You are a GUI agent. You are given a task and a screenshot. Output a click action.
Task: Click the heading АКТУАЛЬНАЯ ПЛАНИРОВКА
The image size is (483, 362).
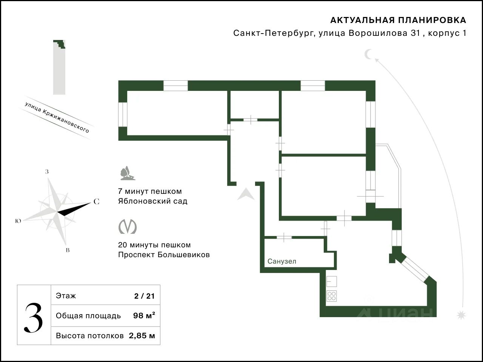click(x=398, y=20)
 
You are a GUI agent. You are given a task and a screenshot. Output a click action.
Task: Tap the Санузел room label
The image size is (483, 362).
click(x=282, y=261)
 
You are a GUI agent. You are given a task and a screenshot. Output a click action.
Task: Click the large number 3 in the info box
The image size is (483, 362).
click(x=34, y=318)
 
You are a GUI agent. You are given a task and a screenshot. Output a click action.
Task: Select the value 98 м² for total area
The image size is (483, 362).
click(x=144, y=316)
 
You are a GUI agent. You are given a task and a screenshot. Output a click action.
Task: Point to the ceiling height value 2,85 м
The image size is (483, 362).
click(x=142, y=336)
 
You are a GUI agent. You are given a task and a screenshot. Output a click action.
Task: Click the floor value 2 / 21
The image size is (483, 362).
click(x=145, y=296)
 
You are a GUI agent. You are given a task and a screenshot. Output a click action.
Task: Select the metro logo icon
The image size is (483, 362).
click(x=128, y=227)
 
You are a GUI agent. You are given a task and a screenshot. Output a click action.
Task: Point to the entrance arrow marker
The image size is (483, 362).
click(x=246, y=194)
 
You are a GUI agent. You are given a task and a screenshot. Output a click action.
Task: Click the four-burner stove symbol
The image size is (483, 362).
click(x=332, y=296)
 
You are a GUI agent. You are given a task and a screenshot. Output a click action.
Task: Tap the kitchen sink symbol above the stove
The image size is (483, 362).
click(x=332, y=281)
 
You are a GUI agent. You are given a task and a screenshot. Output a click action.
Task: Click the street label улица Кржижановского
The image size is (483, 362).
click(x=57, y=117)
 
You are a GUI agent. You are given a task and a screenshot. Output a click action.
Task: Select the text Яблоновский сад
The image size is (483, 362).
click(x=152, y=201)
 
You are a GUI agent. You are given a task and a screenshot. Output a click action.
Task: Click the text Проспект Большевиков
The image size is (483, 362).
click(x=164, y=255)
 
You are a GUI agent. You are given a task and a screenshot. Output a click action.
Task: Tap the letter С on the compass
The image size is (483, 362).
click(x=96, y=202)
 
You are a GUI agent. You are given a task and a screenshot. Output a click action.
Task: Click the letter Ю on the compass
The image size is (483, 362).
click(x=18, y=221)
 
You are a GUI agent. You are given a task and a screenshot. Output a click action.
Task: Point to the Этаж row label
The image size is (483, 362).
click(x=66, y=296)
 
